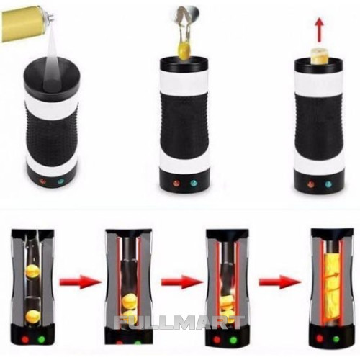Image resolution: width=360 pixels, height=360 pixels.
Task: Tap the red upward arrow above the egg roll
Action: [320, 30]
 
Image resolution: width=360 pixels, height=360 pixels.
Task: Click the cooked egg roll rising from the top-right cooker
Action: [319, 57]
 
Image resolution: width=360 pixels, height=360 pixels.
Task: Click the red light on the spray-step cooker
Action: [43, 181]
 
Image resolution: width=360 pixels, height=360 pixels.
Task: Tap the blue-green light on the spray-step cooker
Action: [60, 181]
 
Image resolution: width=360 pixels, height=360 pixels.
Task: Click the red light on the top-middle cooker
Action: [176, 184]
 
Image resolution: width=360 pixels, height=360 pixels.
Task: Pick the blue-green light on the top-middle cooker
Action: [194, 184]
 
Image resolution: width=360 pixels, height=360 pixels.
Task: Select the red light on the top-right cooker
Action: [311, 184]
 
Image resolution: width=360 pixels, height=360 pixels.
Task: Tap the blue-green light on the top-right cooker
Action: [328, 184]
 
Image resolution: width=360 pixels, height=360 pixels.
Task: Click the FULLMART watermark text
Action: [179, 323]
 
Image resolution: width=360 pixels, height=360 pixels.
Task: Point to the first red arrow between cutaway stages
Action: [81, 282]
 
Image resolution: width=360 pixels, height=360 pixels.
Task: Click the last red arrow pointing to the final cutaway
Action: [280, 282]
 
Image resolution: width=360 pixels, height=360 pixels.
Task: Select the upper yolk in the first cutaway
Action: [32, 271]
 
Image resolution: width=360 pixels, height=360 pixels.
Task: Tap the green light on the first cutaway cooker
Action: [41, 339]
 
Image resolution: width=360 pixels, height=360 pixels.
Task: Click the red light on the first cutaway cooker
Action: [25, 340]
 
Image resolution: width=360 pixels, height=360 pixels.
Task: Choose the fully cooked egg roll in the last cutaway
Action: [333, 290]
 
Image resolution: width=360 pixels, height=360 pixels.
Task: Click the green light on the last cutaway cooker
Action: [336, 338]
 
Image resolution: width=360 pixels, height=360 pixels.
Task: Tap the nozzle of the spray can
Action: [51, 16]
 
